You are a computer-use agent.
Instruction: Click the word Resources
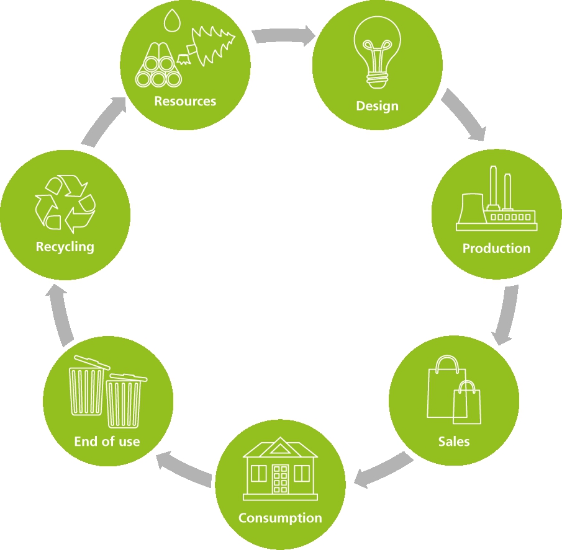(185, 101)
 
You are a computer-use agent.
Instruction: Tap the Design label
(378, 106)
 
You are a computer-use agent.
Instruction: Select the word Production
(496, 249)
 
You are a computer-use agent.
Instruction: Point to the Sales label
(454, 441)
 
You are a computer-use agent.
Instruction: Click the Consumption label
(280, 518)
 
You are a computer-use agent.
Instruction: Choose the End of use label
(107, 441)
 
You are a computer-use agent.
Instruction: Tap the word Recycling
(65, 247)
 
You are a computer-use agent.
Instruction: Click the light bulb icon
(378, 52)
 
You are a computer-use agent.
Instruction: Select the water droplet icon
(172, 20)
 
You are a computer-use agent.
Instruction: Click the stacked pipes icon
(158, 65)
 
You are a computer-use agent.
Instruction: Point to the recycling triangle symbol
(65, 203)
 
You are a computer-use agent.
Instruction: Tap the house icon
(280, 469)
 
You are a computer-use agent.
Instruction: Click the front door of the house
(280, 479)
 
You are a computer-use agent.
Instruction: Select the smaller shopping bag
(467, 402)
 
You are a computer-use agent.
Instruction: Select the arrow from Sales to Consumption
(383, 469)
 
